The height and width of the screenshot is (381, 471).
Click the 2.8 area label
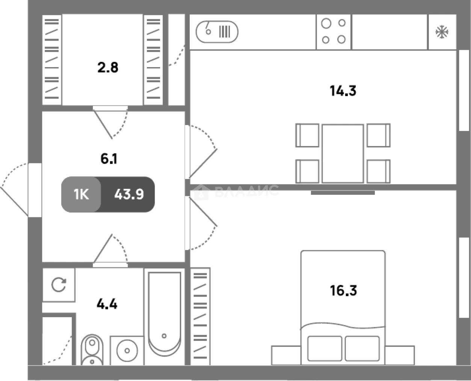(108, 68)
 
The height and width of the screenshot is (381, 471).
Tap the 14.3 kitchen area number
(343, 91)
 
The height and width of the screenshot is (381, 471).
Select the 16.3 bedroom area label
(343, 291)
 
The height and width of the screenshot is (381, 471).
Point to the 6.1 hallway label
(109, 159)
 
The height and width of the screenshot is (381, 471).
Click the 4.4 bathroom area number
(107, 304)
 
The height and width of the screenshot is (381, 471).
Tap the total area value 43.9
(129, 194)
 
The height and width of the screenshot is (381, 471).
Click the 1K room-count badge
(81, 194)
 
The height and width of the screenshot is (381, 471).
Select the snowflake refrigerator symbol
(442, 32)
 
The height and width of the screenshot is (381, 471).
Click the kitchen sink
(217, 32)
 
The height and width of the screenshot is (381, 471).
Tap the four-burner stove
(334, 32)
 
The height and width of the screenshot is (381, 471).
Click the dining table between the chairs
(343, 154)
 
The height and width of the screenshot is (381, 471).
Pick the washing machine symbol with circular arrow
(59, 285)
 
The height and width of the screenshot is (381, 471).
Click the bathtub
(165, 314)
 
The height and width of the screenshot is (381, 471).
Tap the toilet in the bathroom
(92, 350)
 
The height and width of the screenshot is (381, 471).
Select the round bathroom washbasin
(127, 351)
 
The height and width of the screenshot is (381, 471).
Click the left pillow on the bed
(325, 348)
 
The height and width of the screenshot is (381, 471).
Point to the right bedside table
(400, 355)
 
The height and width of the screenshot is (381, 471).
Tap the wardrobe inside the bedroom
(200, 316)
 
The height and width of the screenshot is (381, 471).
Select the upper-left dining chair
(307, 135)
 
